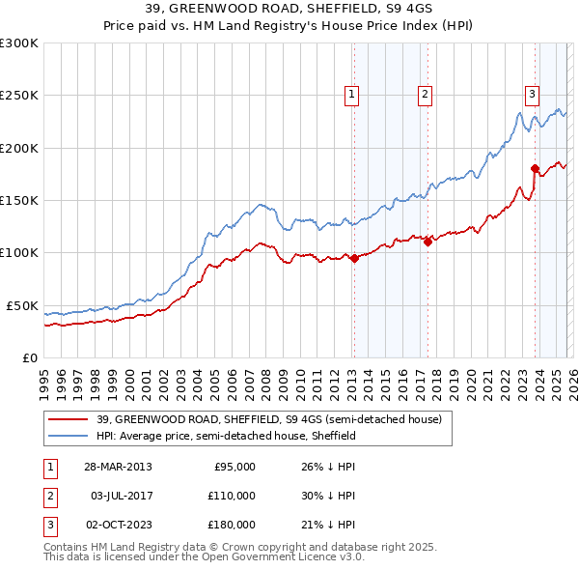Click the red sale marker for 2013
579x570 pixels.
pos(354,258)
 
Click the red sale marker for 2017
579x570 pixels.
pos(427,242)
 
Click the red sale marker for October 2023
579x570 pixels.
pos(535,170)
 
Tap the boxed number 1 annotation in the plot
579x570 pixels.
pos(351,94)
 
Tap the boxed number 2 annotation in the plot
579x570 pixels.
pos(425,94)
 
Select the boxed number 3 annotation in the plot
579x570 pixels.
pos(532,94)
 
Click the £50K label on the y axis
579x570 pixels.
pos(22,305)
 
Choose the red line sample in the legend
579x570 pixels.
pos(69,419)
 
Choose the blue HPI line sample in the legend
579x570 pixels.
pos(69,436)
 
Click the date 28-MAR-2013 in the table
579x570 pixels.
pos(118,467)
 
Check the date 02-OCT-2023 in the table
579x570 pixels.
pos(118,525)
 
